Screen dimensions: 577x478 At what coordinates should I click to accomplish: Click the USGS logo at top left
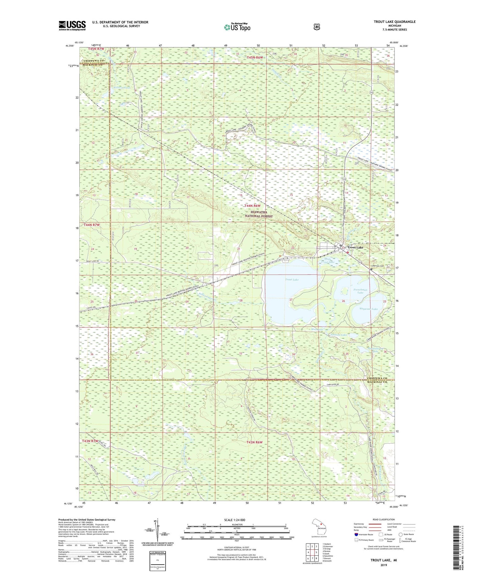pos(72,25)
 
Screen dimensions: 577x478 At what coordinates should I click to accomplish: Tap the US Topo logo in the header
pos(237,27)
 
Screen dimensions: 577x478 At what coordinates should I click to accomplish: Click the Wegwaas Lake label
pos(368,309)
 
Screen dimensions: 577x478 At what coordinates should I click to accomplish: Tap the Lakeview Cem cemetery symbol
pos(372,269)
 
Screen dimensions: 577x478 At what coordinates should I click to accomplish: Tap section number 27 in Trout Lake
pos(291,300)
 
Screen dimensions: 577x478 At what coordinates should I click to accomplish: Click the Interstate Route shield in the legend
pos(356,534)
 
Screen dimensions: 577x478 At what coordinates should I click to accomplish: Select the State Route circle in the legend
pos(401,534)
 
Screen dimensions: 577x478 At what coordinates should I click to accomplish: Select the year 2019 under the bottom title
pos(379,566)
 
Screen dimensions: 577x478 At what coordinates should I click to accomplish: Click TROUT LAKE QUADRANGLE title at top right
pos(395,22)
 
